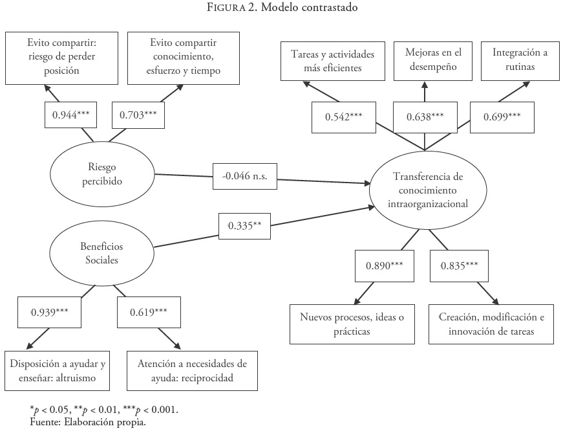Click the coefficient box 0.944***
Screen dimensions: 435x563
70,116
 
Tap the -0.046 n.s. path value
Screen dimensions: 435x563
240,175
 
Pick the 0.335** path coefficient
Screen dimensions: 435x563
244,226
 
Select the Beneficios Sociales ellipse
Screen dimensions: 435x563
102,252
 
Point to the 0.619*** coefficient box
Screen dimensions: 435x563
143,311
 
